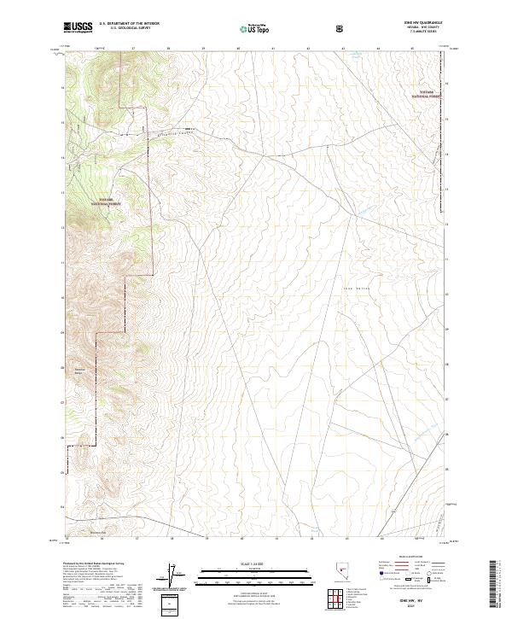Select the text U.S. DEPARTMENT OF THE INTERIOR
pos(130,24)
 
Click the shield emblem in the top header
pos(341,29)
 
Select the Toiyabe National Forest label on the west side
pos(108,203)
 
